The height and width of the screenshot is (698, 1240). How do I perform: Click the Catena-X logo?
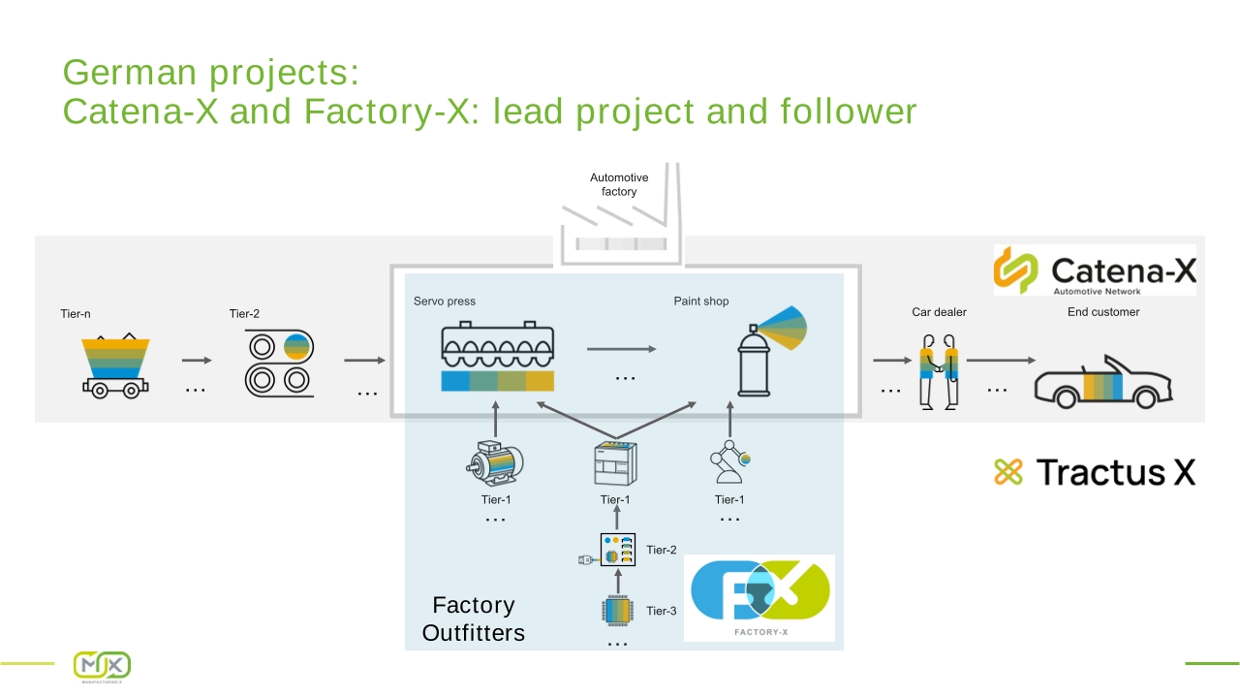1095,270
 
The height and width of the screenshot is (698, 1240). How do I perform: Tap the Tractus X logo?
1095,472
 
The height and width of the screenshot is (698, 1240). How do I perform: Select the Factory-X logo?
759,598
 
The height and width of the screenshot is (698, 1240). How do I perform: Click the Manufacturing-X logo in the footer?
102,666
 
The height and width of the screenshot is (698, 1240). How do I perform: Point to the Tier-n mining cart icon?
115,365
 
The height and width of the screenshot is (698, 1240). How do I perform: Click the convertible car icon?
1103,382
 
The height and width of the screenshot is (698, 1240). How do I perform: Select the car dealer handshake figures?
939,371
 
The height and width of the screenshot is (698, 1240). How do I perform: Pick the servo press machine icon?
497,356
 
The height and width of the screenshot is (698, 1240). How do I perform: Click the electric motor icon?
494,463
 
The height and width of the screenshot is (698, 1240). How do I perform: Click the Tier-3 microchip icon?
617,611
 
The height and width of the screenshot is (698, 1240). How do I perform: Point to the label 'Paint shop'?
700,301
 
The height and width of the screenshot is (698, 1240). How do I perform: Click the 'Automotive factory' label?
619,184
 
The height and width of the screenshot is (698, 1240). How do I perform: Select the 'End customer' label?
1103,312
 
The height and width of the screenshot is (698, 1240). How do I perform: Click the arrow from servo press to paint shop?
622,349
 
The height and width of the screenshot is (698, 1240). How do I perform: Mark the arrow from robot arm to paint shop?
729,419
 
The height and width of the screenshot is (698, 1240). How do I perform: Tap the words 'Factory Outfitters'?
474,619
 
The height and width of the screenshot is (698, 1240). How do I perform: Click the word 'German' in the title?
130,72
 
